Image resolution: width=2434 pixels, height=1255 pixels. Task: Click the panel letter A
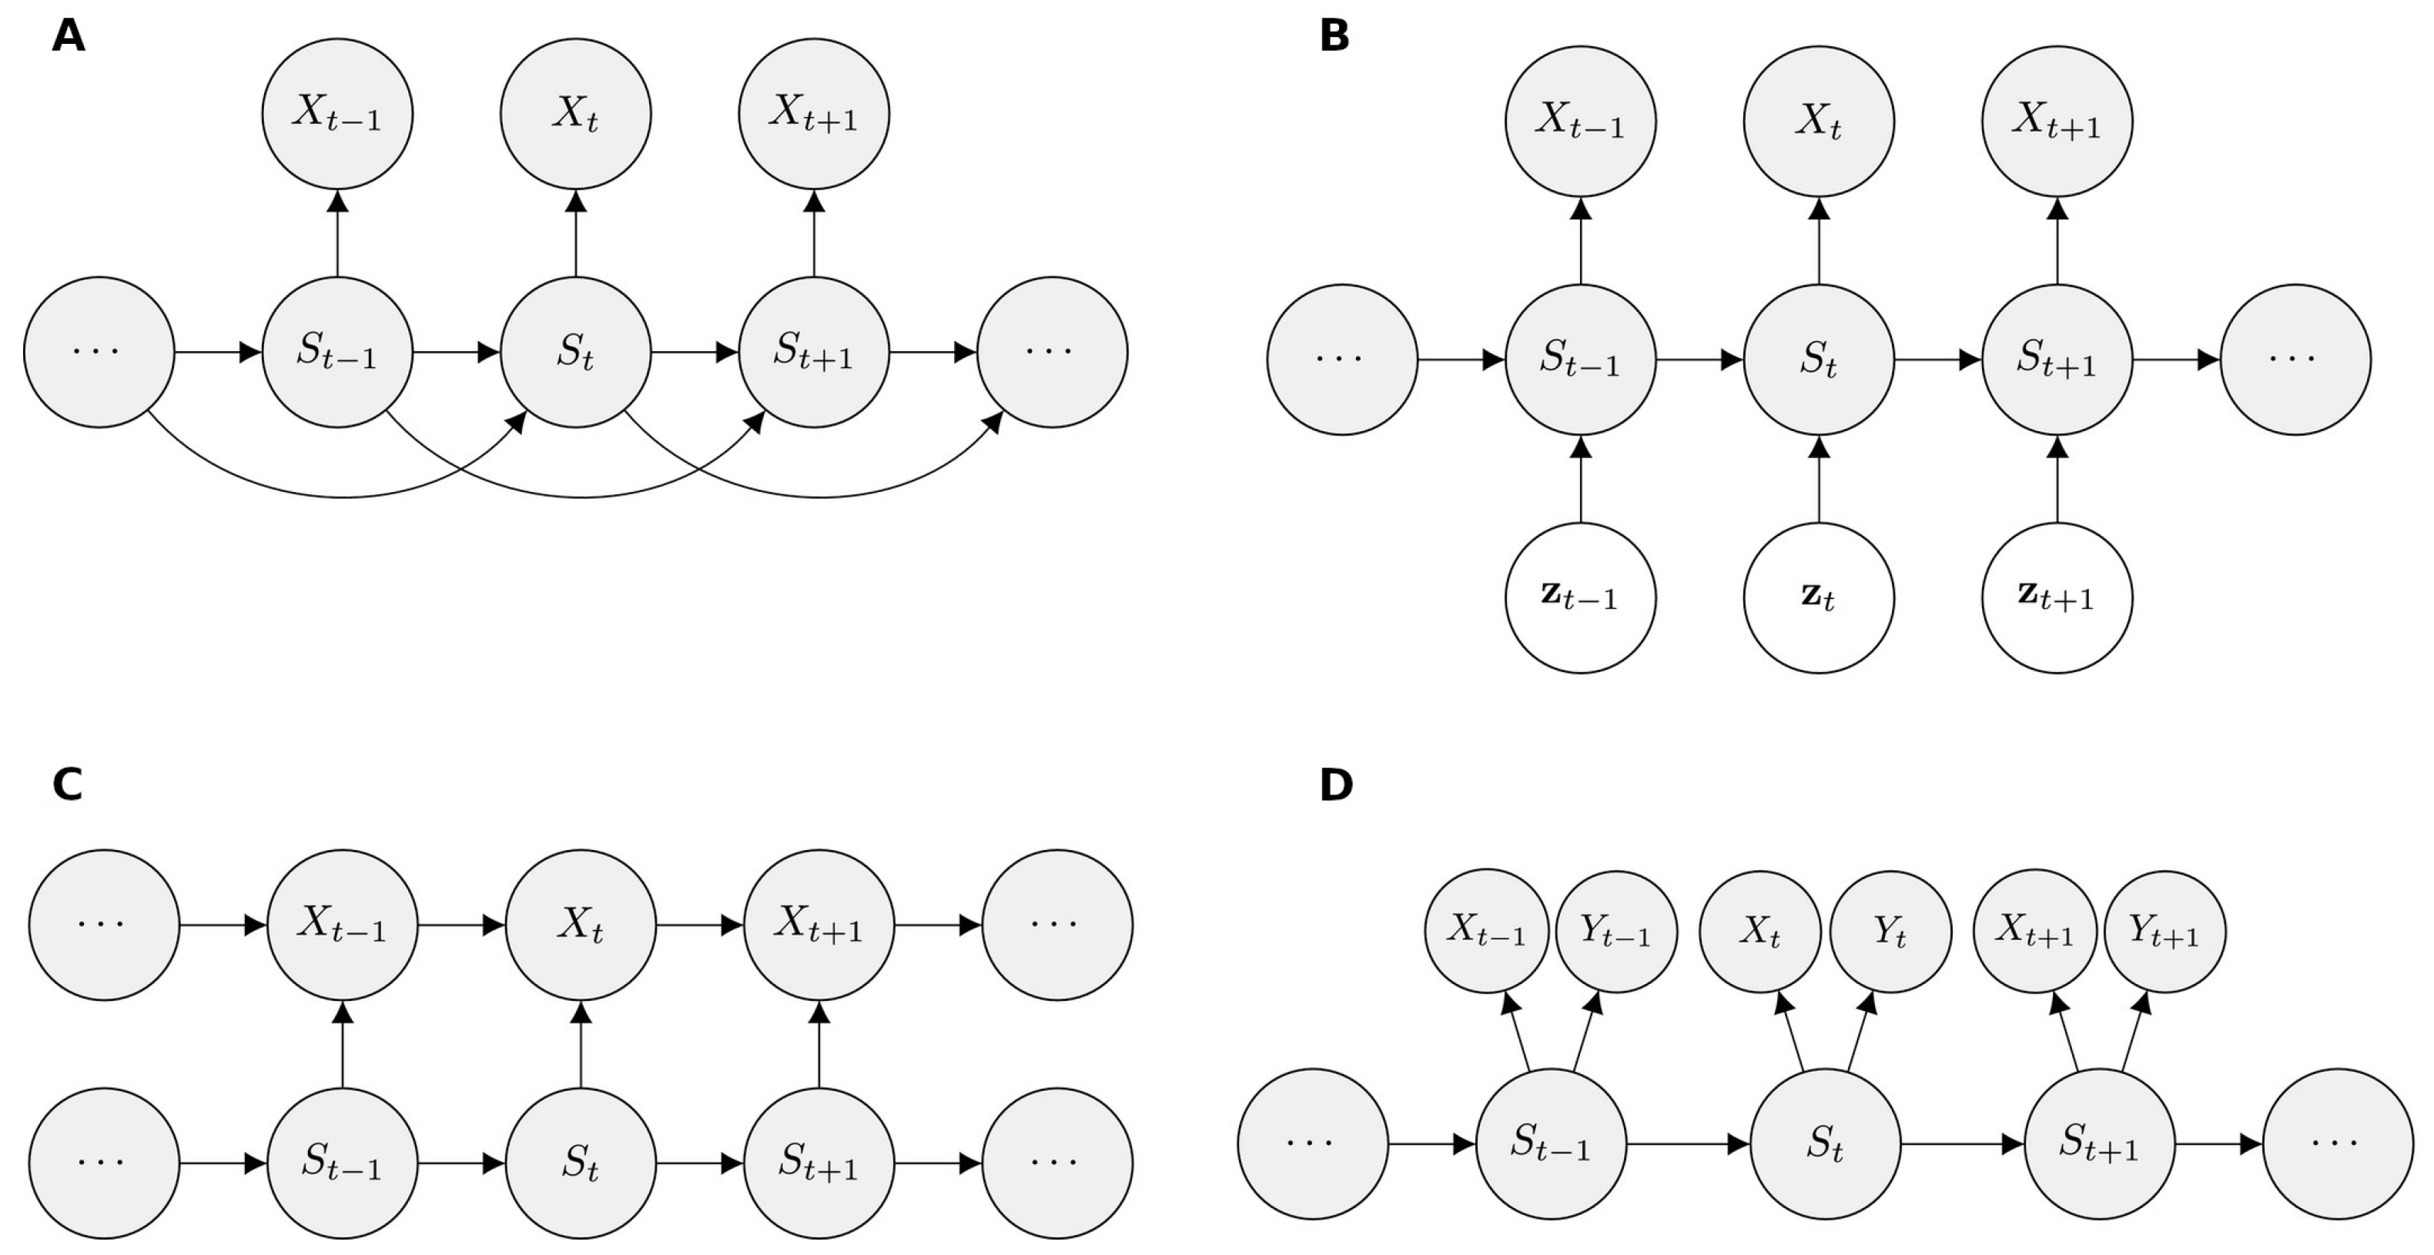68,37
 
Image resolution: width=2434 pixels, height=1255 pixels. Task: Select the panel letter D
1336,785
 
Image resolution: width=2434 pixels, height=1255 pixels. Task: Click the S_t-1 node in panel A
337,353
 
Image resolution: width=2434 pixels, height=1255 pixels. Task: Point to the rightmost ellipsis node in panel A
1052,353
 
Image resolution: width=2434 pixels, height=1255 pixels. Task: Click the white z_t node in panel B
1819,598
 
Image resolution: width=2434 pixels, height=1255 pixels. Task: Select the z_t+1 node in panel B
2057,598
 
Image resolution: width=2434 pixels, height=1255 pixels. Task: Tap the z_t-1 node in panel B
1581,598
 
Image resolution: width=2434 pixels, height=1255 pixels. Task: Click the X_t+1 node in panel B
2057,122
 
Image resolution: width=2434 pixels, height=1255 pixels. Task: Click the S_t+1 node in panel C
819,1163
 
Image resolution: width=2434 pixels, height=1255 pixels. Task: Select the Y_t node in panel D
1890,932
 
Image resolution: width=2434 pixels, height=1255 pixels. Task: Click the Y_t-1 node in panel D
1615,932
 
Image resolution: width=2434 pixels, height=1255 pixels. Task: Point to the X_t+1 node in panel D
2034,932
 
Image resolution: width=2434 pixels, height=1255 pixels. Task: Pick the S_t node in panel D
1826,1144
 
